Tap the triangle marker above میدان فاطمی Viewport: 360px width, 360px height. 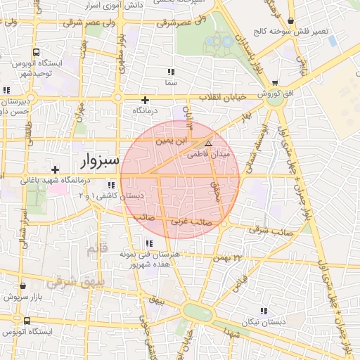tap(207, 143)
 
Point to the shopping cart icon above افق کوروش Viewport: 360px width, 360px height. tap(274, 82)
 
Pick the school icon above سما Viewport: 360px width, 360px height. tap(171, 72)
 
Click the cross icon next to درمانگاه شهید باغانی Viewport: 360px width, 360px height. tap(56, 169)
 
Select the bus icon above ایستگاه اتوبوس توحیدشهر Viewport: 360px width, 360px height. tap(36, 53)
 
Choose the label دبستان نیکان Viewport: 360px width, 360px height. tap(264, 321)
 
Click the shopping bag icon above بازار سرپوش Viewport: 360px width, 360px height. tap(25, 286)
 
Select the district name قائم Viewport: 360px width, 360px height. tap(93, 250)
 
